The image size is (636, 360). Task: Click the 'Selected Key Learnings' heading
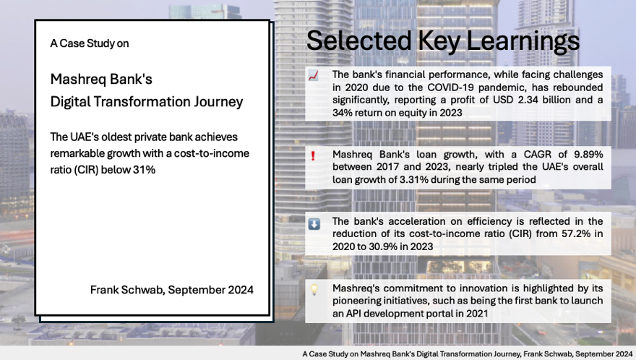tap(442, 40)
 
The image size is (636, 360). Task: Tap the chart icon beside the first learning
tap(314, 75)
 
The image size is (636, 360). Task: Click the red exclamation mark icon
tap(314, 155)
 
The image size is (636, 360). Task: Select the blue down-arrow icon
tap(314, 224)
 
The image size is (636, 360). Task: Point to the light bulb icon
tap(314, 289)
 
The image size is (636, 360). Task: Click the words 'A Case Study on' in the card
tap(89, 43)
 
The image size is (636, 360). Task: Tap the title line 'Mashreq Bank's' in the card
tap(101, 80)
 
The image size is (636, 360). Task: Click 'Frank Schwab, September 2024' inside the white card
tap(171, 290)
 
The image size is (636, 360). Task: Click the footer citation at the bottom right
tap(468, 353)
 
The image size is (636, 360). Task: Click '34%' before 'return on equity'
tap(344, 113)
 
